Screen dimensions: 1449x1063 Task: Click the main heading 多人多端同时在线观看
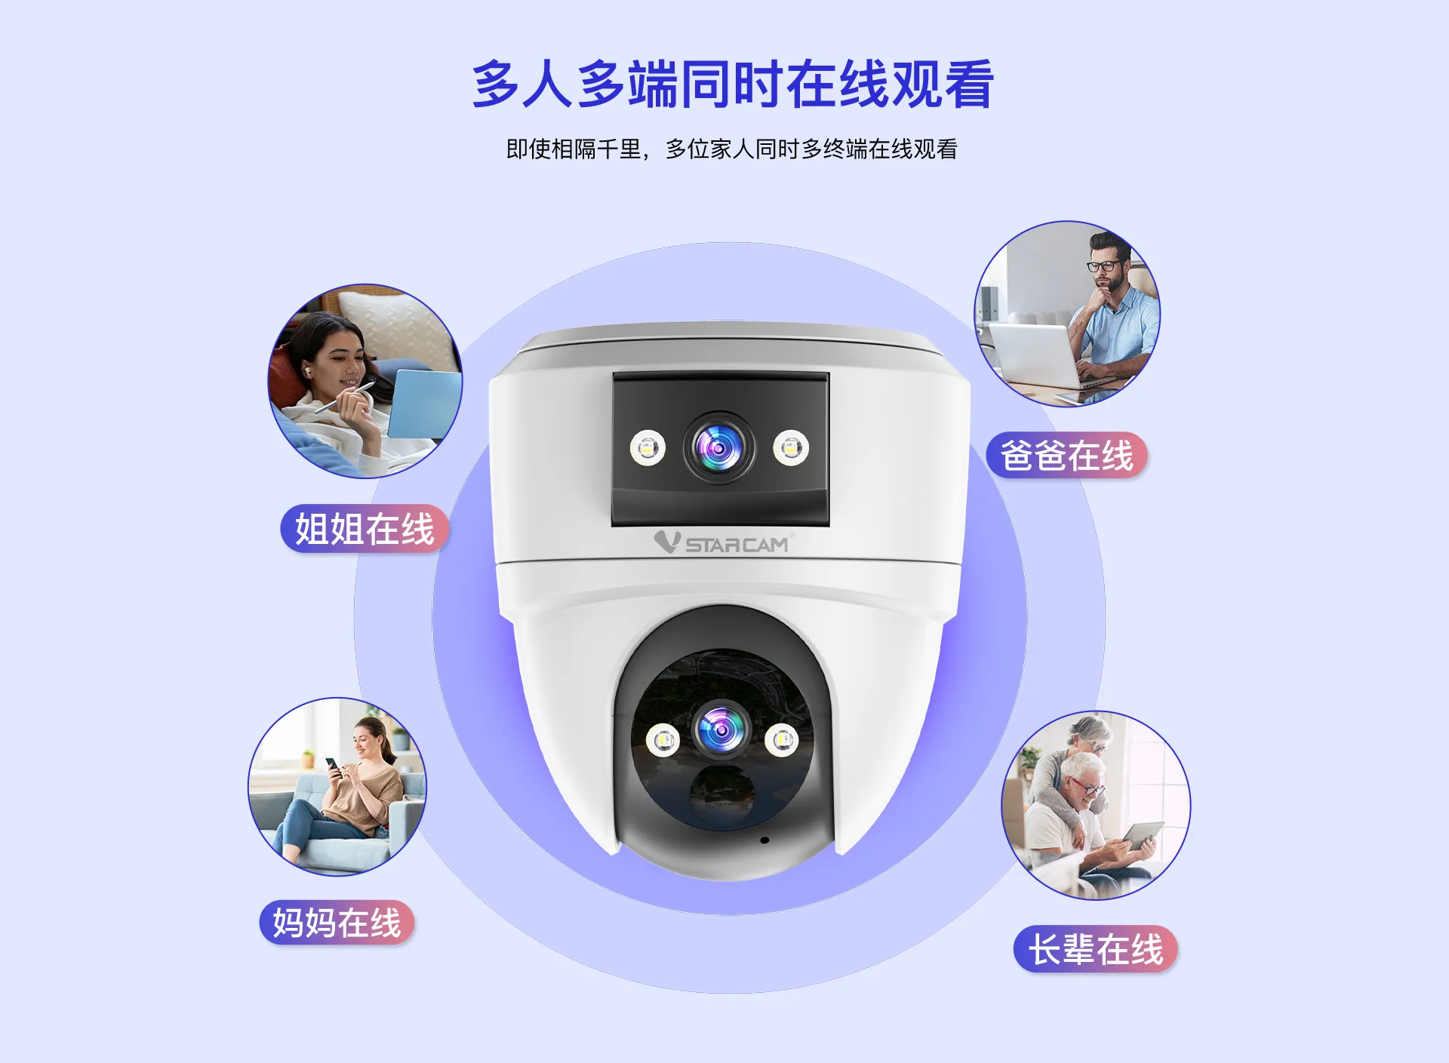732,84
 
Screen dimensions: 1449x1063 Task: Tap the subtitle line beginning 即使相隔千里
731,149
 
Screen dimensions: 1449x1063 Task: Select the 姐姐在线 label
365,528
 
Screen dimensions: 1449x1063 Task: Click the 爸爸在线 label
1066,456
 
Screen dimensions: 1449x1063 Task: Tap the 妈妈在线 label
337,923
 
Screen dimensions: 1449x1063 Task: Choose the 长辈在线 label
1096,949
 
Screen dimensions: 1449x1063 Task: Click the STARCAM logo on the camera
723,542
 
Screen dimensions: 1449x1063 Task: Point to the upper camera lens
719,448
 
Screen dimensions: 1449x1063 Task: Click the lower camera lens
721,730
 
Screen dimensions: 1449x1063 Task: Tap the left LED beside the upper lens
648,448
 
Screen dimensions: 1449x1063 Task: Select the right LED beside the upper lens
790,448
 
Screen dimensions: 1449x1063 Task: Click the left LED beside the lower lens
663,740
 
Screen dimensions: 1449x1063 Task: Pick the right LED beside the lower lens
781,739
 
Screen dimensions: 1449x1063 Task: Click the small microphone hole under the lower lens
764,840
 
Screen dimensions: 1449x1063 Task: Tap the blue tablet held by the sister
423,404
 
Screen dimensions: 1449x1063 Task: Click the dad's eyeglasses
1103,266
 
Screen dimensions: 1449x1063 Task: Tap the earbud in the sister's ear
307,370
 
